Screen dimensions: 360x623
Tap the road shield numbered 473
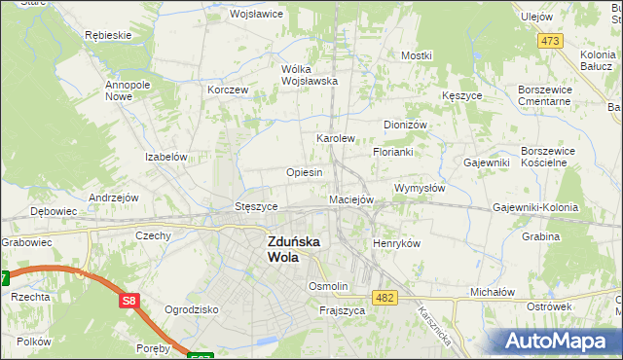(551, 40)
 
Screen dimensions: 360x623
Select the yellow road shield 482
(384, 298)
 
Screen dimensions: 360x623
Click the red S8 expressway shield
(130, 302)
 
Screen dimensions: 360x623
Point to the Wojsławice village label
(255, 15)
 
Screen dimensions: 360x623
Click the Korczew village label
(229, 90)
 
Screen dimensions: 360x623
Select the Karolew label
(335, 138)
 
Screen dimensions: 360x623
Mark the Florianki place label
(393, 153)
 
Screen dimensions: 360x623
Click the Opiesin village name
(304, 172)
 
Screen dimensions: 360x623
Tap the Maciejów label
(351, 199)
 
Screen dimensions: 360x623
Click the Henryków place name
(396, 243)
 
